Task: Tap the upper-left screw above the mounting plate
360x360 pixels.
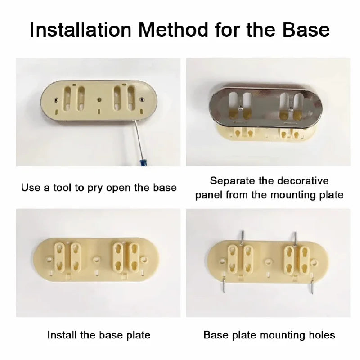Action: click(242, 237)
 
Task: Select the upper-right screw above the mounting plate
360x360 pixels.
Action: click(295, 238)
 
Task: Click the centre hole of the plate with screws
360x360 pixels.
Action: click(269, 260)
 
